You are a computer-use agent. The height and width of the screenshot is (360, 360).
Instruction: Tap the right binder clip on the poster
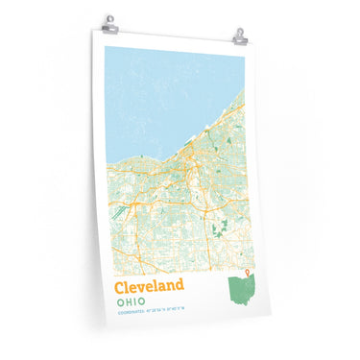tap(240, 36)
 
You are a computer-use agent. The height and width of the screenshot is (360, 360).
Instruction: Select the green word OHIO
tap(132, 302)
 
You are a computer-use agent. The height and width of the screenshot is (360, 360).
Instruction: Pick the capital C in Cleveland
tap(120, 287)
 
